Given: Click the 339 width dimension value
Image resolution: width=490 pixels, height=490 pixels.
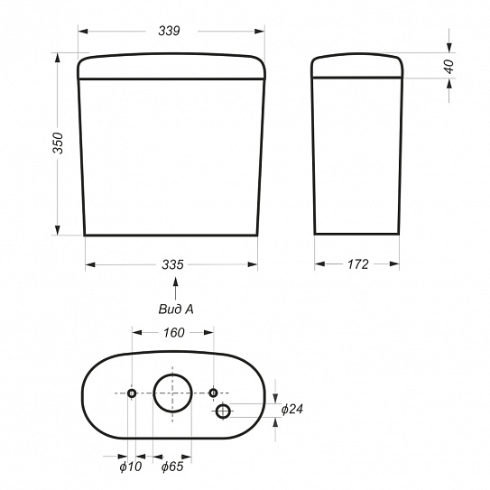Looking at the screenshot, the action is pos(169,31).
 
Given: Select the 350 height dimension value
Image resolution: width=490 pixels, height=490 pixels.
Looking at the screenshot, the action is pos(58,143).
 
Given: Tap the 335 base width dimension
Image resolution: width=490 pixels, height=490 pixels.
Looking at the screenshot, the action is pos(172,264).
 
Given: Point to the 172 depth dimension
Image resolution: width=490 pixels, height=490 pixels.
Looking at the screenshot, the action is pos(358,264).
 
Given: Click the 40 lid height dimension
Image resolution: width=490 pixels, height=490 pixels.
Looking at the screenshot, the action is pos(448,66).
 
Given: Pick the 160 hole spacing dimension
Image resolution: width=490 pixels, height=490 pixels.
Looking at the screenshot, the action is pos(174,332).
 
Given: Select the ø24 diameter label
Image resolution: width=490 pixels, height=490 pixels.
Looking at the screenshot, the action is pos(292,409).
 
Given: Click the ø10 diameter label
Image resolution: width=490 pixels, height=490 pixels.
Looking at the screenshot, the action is pos(131,467).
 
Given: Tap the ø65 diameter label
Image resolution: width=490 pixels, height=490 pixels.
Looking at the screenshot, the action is pos(172,467).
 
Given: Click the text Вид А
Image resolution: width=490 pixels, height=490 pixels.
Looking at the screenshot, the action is pos(176,309).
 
